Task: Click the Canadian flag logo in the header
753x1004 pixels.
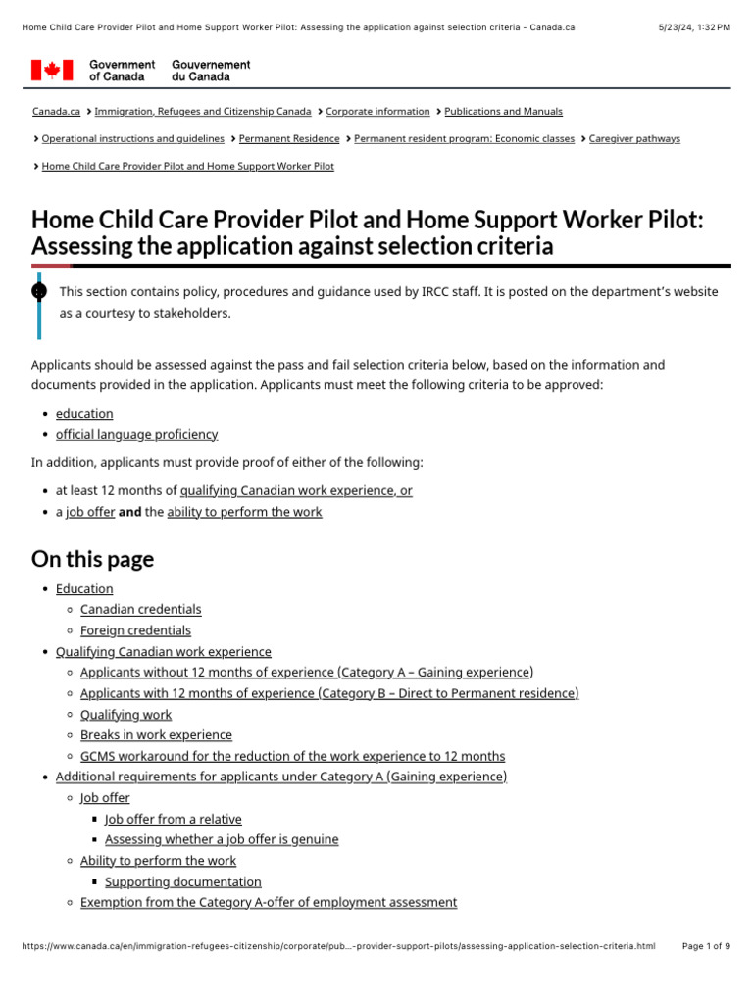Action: click(52, 70)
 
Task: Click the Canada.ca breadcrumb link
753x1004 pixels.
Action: click(56, 112)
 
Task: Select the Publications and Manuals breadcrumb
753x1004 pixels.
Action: click(503, 112)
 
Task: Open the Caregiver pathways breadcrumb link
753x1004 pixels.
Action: click(633, 139)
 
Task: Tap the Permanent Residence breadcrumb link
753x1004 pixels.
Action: click(289, 139)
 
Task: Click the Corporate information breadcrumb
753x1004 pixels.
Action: click(377, 112)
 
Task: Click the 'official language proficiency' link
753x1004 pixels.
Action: click(136, 434)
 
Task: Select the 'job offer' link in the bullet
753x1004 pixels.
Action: click(90, 512)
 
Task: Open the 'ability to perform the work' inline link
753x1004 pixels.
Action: click(244, 512)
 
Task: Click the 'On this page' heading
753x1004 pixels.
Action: click(92, 559)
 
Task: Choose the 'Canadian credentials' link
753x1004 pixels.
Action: click(140, 609)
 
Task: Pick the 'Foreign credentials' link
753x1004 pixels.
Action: click(135, 630)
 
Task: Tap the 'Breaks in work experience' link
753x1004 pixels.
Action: click(156, 735)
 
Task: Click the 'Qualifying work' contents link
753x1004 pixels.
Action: click(125, 715)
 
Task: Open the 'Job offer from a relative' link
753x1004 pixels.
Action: click(173, 819)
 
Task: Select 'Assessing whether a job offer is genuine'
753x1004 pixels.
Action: click(222, 839)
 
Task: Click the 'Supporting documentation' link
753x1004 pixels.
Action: click(182, 882)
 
